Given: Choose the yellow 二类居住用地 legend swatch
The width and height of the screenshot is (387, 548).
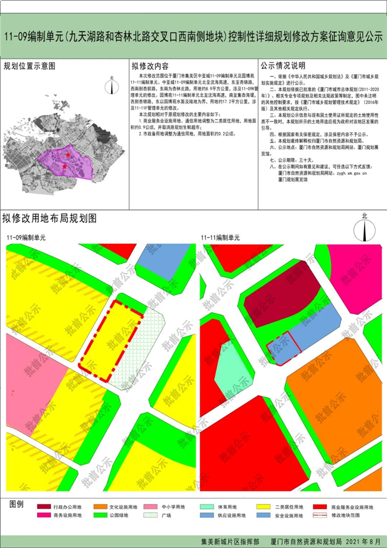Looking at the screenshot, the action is click(x=262, y=506).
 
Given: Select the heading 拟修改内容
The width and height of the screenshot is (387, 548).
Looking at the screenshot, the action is click(x=151, y=65).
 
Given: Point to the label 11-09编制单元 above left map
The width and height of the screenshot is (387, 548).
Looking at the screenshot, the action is click(x=25, y=237).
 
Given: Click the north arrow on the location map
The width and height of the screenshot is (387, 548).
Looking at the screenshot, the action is click(x=111, y=85).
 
